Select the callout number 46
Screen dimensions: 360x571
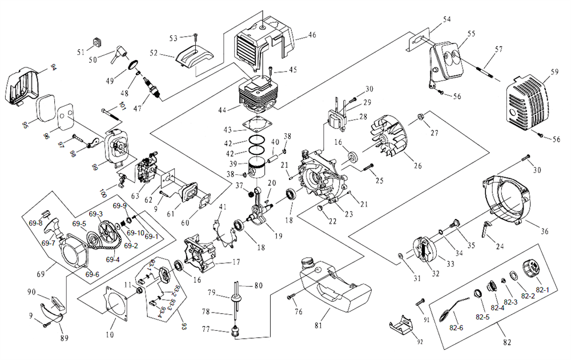pyautogui.click(x=312, y=35)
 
